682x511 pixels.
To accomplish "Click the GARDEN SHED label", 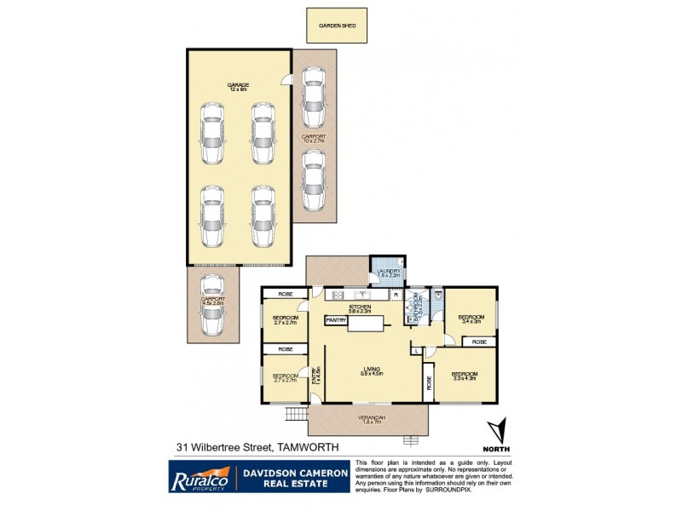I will pos(337,26).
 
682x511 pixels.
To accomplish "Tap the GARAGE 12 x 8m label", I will pos(238,87).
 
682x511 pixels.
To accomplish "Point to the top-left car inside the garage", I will pos(212,134).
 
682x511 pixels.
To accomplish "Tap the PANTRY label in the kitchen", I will pos(335,320).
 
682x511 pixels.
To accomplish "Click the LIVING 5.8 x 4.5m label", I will pos(371,371).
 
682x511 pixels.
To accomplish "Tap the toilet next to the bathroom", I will pos(437,296).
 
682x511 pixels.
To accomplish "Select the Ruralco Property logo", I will pos(197,476).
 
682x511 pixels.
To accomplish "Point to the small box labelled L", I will pos(415,350).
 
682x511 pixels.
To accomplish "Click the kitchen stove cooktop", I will pos(338,296).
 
